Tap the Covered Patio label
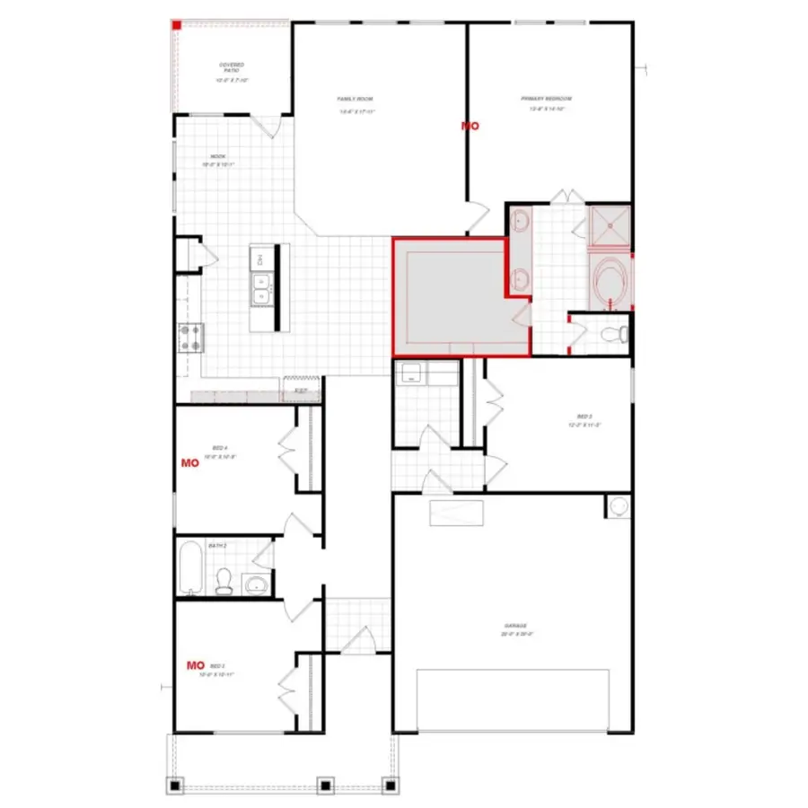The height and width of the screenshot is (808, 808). (232, 66)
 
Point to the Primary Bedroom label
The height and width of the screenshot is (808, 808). (546, 98)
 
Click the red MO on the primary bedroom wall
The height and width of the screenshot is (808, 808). (470, 127)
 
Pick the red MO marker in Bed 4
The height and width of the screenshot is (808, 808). (189, 463)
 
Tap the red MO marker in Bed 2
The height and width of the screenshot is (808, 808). (195, 665)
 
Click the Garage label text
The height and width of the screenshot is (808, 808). (514, 626)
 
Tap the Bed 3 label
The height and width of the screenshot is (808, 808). (584, 417)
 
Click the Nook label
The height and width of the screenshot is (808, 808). (219, 156)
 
